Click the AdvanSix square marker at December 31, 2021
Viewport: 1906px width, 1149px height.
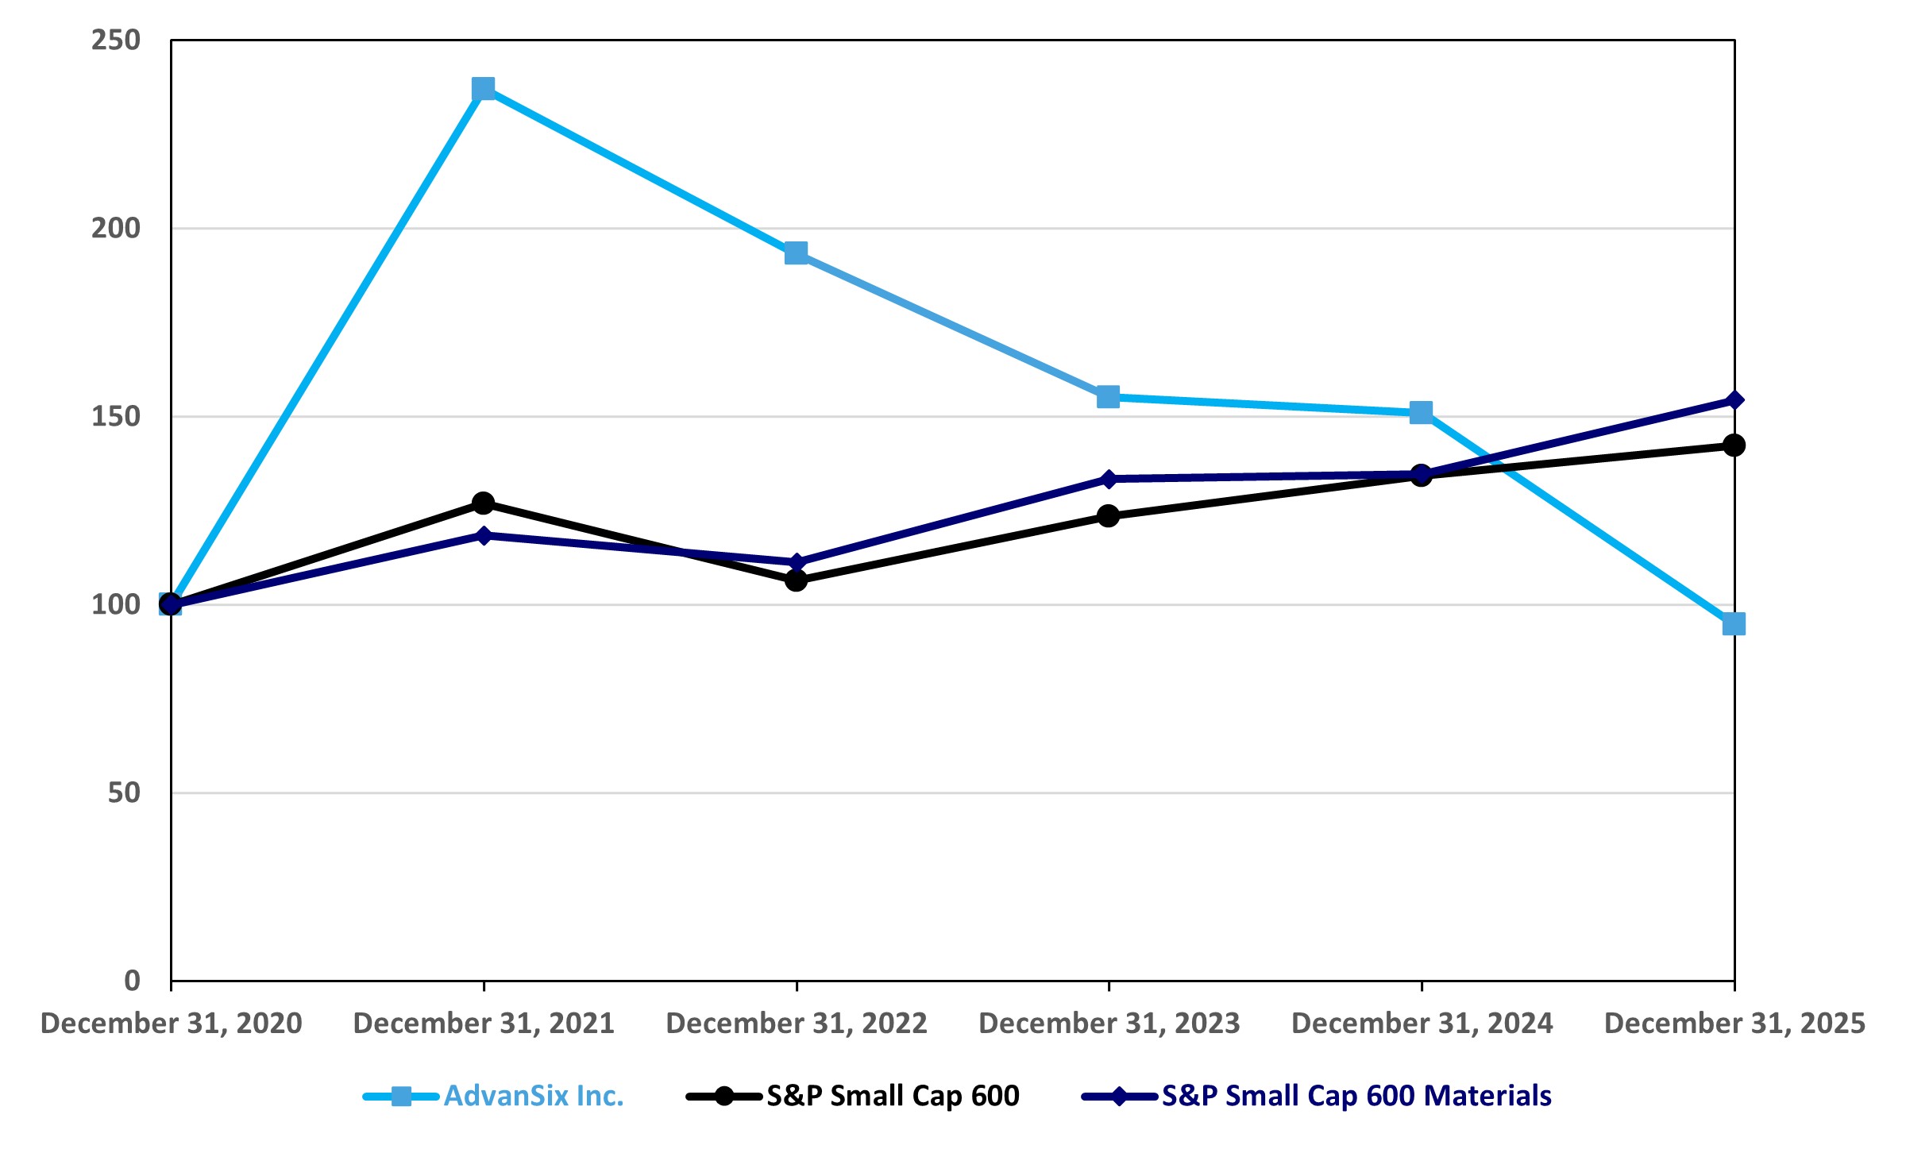(483, 88)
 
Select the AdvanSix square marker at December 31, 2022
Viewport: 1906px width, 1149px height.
(796, 253)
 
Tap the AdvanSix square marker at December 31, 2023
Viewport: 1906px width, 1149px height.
(1108, 396)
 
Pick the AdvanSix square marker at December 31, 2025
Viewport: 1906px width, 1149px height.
(1734, 623)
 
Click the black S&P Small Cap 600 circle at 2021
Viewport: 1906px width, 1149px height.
(483, 503)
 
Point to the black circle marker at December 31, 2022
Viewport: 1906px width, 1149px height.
(796, 580)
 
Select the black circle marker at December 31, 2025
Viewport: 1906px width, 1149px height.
(1734, 445)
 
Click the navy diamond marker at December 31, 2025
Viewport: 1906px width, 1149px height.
(1734, 400)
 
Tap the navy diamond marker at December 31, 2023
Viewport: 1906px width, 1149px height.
(1109, 479)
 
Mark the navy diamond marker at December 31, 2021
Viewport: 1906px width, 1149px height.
(484, 535)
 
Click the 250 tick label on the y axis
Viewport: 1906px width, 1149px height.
(116, 40)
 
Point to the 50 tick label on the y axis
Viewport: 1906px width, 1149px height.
(124, 792)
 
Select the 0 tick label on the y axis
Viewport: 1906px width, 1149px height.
(132, 981)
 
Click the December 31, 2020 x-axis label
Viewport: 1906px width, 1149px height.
(171, 1024)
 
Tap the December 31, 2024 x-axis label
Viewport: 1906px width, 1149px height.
(1422, 1024)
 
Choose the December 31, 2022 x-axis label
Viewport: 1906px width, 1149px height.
(797, 1024)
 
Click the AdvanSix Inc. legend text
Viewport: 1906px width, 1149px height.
(534, 1096)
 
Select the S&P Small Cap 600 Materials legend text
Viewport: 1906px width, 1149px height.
(1356, 1096)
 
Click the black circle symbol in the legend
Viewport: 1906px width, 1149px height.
(724, 1097)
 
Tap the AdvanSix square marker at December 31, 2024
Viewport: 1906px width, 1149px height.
(1421, 412)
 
